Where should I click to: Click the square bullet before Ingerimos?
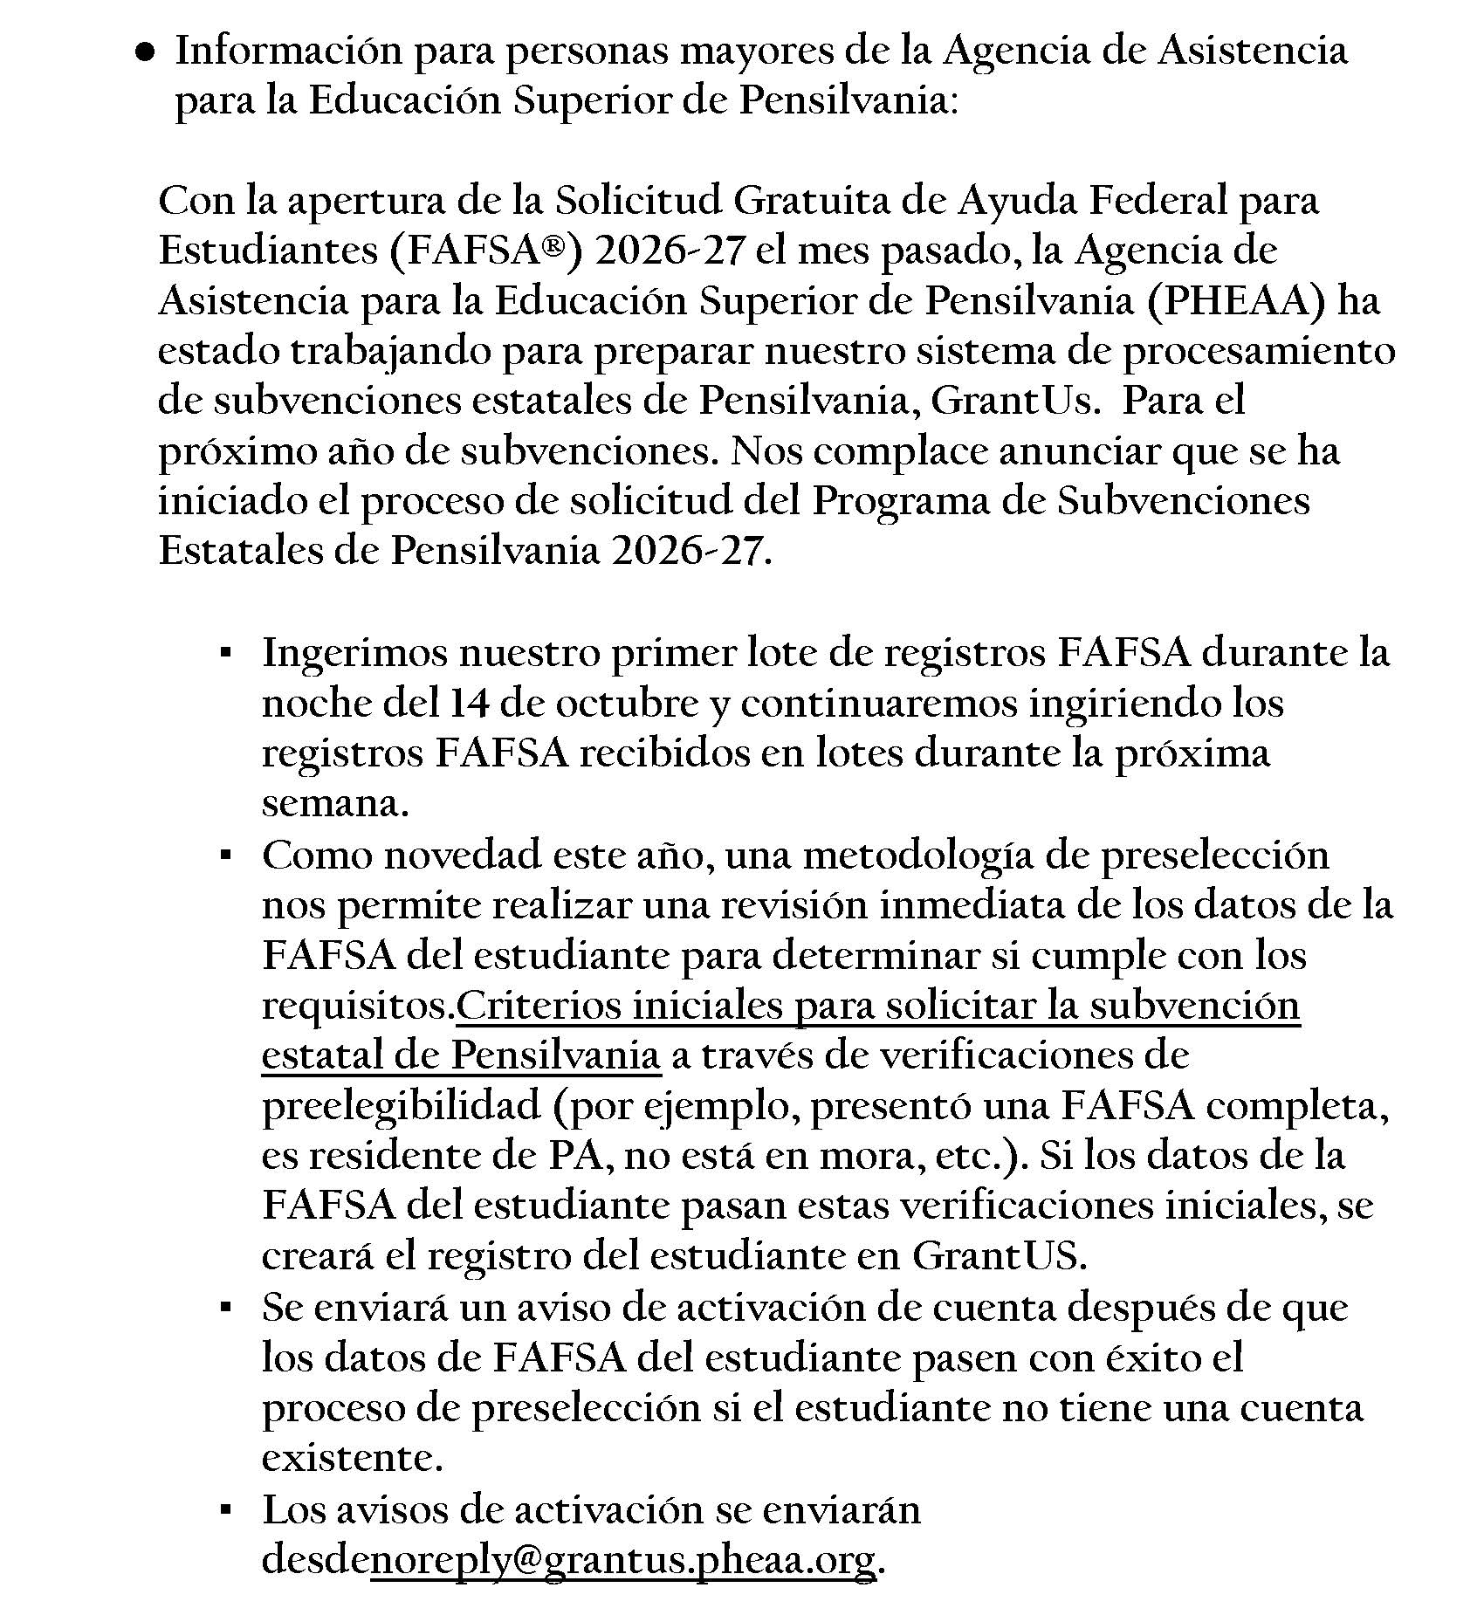[x=226, y=652]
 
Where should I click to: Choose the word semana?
[x=334, y=803]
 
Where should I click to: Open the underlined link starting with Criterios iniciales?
[x=877, y=1007]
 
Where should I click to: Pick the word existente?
[x=352, y=1458]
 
